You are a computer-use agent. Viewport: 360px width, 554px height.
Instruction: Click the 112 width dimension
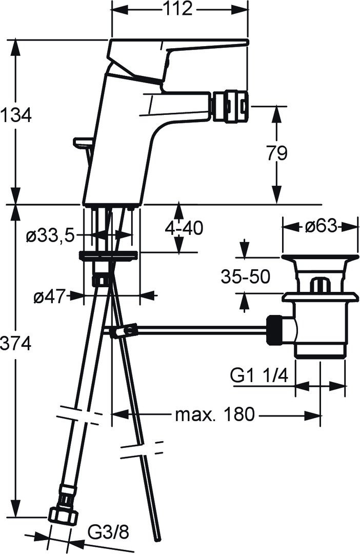(x=178, y=9)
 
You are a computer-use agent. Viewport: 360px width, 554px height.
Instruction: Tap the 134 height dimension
(x=16, y=115)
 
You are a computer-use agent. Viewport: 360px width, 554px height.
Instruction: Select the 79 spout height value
(x=276, y=153)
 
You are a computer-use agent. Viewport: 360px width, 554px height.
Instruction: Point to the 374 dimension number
(x=16, y=343)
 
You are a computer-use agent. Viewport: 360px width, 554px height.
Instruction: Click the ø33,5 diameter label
(x=50, y=235)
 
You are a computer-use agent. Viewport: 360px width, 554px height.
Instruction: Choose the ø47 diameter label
(x=50, y=296)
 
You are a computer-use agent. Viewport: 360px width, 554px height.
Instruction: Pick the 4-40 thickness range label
(x=184, y=228)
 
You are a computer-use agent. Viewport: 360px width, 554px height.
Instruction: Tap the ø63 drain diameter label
(x=321, y=226)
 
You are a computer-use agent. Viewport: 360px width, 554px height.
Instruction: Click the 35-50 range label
(x=246, y=276)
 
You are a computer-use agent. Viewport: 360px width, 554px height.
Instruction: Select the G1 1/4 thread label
(x=259, y=375)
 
